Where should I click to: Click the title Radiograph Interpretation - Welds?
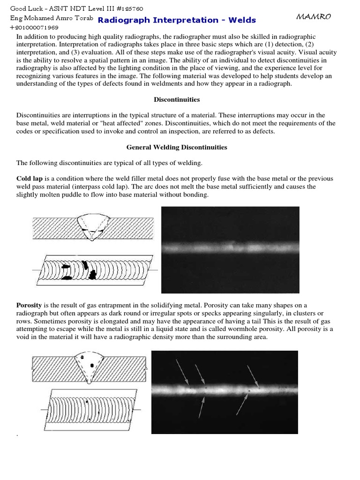[x=177, y=20]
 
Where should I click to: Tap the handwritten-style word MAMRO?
[x=314, y=17]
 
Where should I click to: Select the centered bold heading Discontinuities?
[x=177, y=99]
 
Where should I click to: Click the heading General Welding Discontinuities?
[x=177, y=147]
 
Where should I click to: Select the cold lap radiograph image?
[x=230, y=250]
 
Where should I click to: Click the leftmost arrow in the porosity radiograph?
[x=183, y=370]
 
